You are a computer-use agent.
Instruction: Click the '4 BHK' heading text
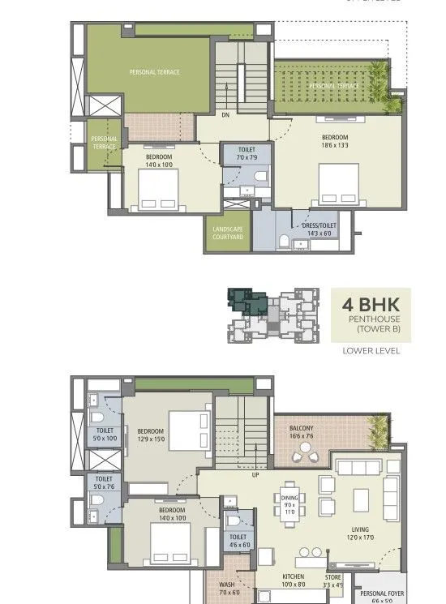point(370,306)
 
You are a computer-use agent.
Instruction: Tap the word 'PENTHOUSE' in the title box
point(370,320)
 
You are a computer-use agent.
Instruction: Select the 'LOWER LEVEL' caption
point(371,351)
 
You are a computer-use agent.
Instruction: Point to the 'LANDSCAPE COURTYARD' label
point(228,233)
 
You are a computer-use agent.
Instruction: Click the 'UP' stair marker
point(255,474)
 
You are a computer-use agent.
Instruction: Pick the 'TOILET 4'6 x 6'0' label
point(238,541)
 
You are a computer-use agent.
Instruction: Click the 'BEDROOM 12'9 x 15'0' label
point(151,435)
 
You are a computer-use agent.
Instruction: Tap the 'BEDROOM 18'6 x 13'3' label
point(334,142)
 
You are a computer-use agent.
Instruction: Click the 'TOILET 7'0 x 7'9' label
point(247,154)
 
